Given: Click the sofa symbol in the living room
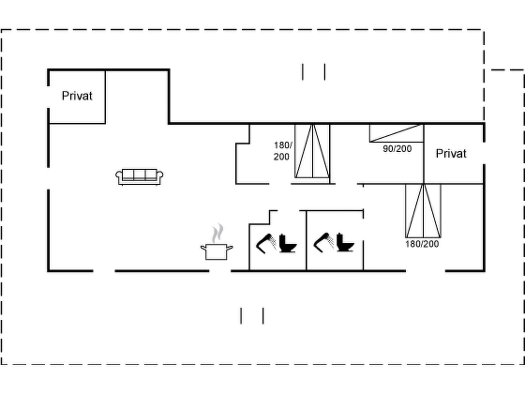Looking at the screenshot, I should click(139, 177).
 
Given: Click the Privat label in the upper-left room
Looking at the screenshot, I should click(77, 96).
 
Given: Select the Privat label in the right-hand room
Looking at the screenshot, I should click(451, 153).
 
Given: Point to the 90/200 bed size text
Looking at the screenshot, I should click(397, 149).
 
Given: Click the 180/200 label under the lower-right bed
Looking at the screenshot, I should click(422, 244).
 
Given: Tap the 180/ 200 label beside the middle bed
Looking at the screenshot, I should click(282, 151).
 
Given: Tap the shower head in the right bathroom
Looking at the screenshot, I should click(323, 242).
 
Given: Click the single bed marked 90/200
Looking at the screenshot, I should click(396, 133).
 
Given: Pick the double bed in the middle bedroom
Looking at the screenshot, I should click(312, 151).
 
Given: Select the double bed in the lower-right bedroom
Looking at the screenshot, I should click(423, 211).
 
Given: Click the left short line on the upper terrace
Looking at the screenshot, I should click(303, 72).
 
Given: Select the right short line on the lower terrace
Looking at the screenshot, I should click(263, 316).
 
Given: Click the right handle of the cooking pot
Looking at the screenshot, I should click(230, 248).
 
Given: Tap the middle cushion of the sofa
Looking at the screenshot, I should click(139, 174).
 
